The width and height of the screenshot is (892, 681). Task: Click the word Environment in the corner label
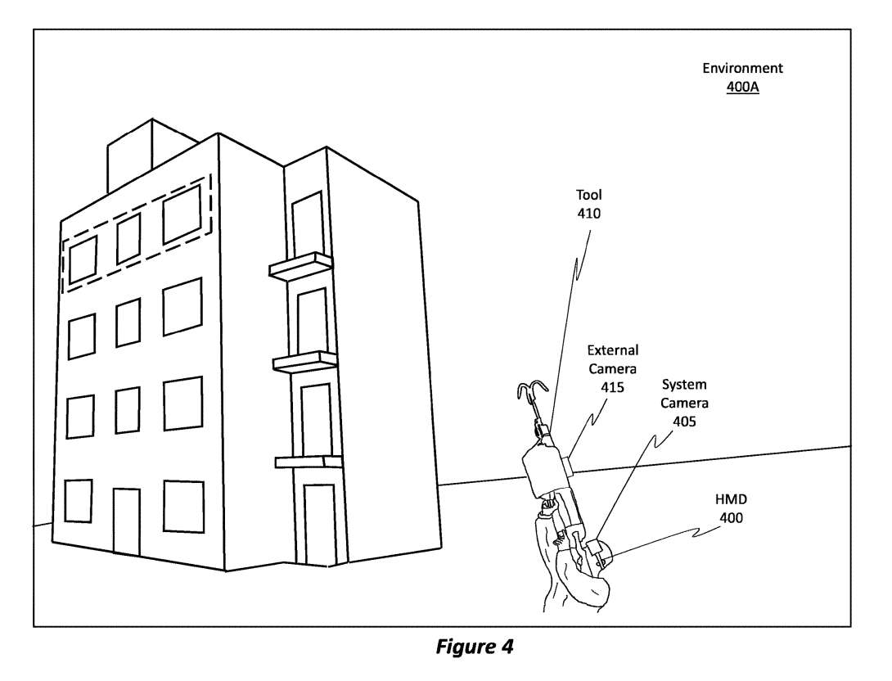[x=742, y=69]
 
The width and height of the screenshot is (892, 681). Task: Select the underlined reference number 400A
[x=742, y=87]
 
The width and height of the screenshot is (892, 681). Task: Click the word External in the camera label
[x=612, y=351]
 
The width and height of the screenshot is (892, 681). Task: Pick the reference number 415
[x=612, y=386]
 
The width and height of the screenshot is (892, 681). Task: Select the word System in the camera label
[x=684, y=385]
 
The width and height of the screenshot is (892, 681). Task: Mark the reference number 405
[x=685, y=421]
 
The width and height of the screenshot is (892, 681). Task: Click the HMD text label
[x=732, y=499]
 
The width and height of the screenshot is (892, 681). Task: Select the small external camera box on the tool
[x=569, y=464]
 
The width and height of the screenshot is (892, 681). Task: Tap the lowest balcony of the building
[x=308, y=462]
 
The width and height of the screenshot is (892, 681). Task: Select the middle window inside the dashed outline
[x=128, y=238]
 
